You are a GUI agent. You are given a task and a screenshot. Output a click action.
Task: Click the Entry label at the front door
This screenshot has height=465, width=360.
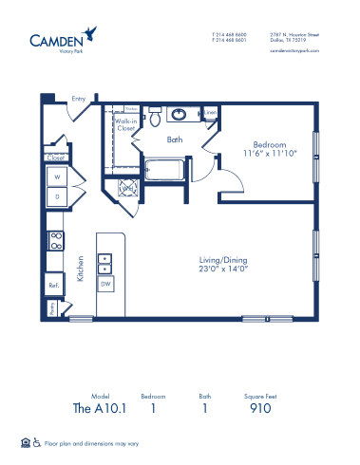point(78,99)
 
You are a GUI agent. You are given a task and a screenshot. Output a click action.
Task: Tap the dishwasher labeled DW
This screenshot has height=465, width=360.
point(107,284)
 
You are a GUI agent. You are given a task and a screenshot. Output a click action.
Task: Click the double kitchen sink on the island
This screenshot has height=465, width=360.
point(107,262)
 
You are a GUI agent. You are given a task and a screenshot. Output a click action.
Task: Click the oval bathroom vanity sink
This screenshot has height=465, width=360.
point(178,116)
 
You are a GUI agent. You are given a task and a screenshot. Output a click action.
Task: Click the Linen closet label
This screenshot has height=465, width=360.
point(211,114)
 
